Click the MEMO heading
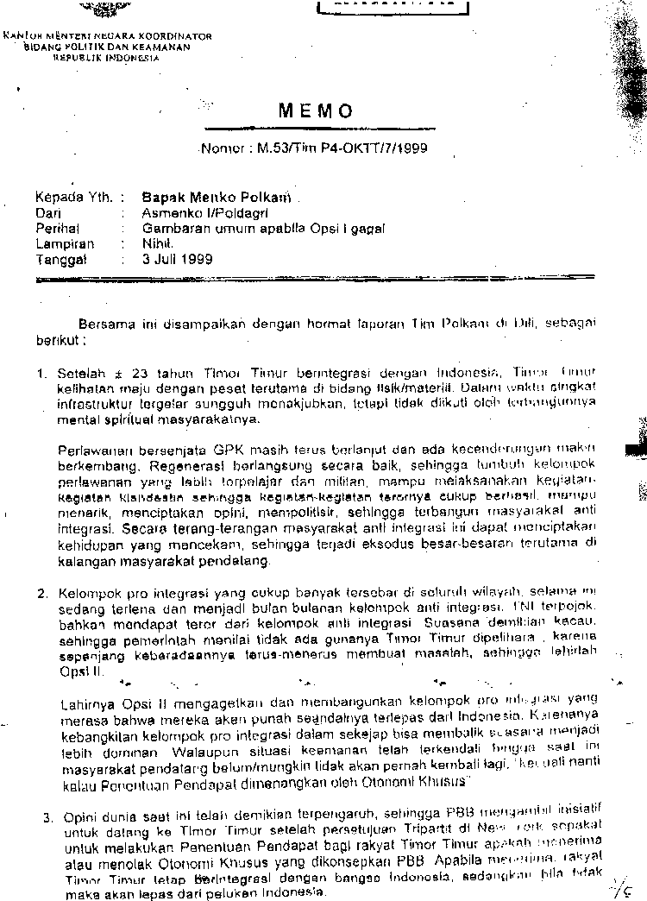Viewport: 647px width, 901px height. point(316,111)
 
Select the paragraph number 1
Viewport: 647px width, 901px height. point(41,375)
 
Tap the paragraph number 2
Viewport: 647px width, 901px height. point(41,594)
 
